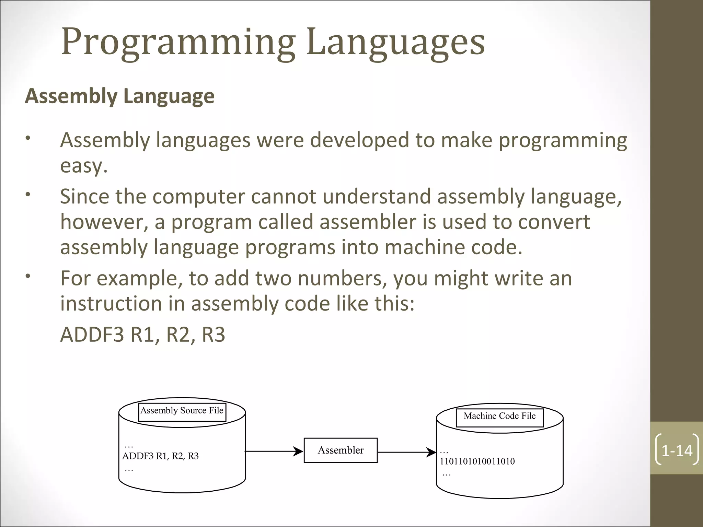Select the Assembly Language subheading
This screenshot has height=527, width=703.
point(120,96)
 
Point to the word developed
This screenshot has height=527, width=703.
point(359,141)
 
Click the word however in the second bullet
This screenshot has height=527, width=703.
point(104,222)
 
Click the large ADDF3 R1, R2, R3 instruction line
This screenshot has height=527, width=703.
point(142,335)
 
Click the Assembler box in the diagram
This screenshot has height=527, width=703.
point(341,450)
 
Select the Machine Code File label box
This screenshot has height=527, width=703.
point(499,417)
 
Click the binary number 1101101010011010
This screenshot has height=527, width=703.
point(477,461)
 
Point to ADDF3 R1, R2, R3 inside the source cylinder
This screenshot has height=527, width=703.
point(160,456)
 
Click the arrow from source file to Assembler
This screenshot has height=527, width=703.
point(274,452)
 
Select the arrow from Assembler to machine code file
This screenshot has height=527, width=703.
point(407,452)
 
